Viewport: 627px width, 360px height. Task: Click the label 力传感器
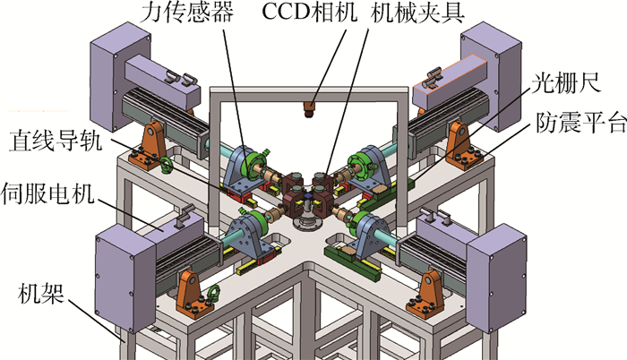click(186, 12)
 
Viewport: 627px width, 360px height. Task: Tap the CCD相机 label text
click(309, 12)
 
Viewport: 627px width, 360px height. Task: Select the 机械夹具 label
click(417, 13)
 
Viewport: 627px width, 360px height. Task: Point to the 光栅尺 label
click(566, 83)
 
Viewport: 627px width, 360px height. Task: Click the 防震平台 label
click(580, 122)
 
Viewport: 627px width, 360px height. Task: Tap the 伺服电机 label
click(48, 193)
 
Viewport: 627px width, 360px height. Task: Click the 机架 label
click(41, 294)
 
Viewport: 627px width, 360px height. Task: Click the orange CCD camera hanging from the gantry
click(308, 109)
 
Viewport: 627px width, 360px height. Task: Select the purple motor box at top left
click(120, 76)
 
